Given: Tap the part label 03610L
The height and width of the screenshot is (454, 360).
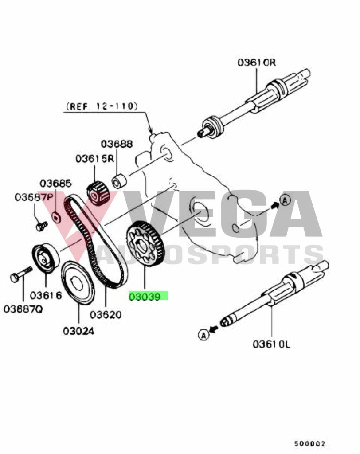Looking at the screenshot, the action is [271, 344].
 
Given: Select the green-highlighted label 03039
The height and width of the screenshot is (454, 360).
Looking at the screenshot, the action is [148, 297].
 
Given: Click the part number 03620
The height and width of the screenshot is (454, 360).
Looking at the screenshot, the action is [106, 315].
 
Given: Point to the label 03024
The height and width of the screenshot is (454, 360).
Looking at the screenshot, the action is [78, 331].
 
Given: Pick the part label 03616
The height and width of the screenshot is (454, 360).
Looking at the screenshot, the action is [46, 295].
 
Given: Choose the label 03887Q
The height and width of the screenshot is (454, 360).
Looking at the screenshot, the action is [23, 309].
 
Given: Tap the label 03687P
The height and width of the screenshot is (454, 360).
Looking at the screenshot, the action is [34, 197].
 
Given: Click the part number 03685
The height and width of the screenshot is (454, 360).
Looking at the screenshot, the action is [55, 183].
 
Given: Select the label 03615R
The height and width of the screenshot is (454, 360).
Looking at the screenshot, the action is [95, 159].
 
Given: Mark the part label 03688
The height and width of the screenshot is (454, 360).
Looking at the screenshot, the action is [117, 144].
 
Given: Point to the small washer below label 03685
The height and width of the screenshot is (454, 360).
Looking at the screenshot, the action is [56, 217].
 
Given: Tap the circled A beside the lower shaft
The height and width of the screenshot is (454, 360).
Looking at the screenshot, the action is [203, 335].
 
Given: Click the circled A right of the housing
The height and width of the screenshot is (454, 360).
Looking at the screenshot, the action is [285, 200].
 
